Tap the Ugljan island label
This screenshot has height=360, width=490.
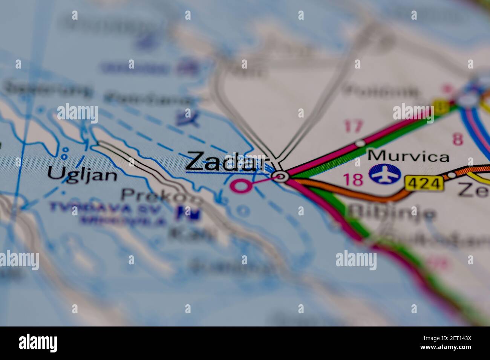[x=82, y=174]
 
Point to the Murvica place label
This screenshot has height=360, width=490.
[x=409, y=156]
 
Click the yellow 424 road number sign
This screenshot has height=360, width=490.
[x=424, y=184]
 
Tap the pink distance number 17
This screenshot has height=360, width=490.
[x=353, y=126]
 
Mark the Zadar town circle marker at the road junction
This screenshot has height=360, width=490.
[x=280, y=176]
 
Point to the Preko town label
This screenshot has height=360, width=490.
[x=162, y=195]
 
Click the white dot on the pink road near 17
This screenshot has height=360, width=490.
[x=361, y=143]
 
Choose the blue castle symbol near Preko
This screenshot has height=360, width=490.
[x=190, y=214]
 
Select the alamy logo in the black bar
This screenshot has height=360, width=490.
[x=38, y=343]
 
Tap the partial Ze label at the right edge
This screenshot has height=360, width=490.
[x=473, y=190]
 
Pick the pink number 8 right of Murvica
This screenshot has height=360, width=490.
[x=457, y=139]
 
